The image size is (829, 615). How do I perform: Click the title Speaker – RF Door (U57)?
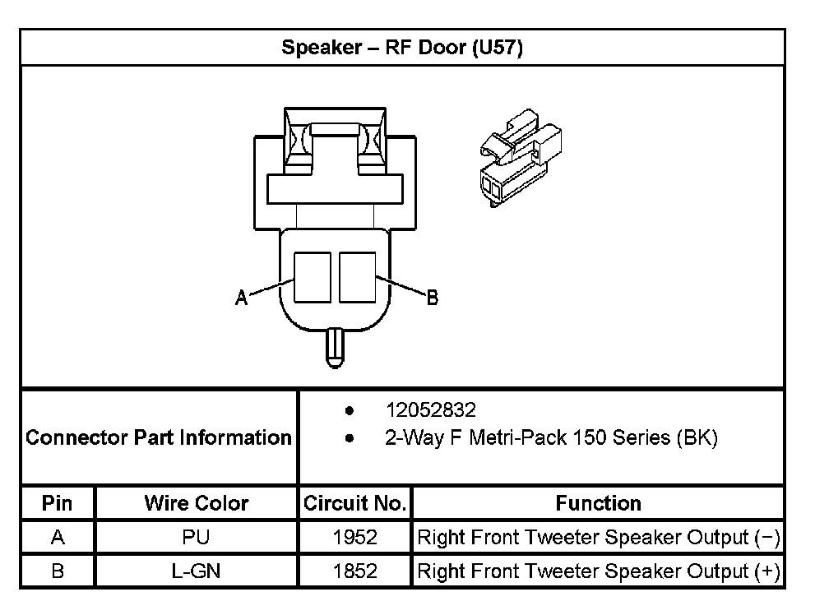(x=402, y=48)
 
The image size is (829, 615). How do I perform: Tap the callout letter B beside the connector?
(x=432, y=298)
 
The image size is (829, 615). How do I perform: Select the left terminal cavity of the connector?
(x=313, y=275)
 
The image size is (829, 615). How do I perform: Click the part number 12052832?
(x=430, y=409)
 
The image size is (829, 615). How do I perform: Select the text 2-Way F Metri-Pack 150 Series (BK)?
(x=551, y=437)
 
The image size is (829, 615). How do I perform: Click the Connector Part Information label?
(x=159, y=437)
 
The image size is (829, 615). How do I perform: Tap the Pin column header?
(x=58, y=503)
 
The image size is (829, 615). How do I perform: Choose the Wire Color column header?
(x=196, y=503)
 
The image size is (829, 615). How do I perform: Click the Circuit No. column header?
(x=354, y=503)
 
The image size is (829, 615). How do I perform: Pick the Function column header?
(x=598, y=503)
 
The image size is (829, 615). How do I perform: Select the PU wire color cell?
(x=196, y=538)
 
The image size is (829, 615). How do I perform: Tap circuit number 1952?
(x=354, y=538)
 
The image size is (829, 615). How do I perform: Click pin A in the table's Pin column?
(x=58, y=538)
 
